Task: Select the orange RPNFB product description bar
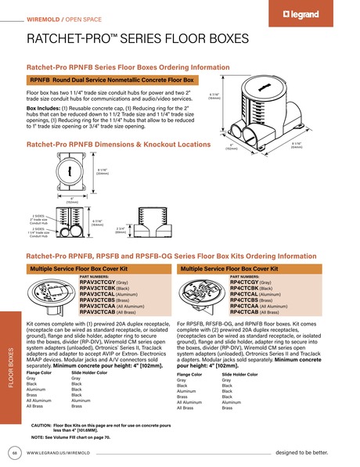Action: [x=114, y=80]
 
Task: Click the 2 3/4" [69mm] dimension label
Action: [x=120, y=230]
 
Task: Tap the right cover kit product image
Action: [x=203, y=296]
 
